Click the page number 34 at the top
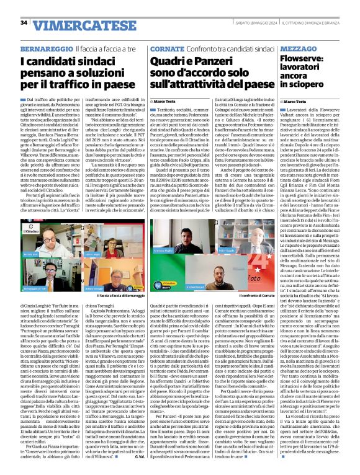[x=24, y=23]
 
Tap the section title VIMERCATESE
[x=69, y=24]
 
